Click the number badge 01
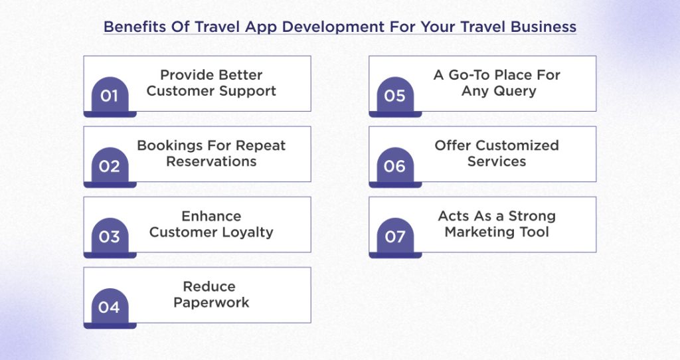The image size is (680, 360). point(110,96)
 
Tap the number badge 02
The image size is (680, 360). point(110,167)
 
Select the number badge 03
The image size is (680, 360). point(110,237)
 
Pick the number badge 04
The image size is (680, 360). point(110,308)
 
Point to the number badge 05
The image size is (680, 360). point(394,96)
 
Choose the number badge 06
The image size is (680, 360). point(394,167)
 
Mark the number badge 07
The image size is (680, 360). point(394,237)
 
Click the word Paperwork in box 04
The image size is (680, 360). point(211,302)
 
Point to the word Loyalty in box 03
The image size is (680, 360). point(246,232)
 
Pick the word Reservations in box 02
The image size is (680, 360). point(211,161)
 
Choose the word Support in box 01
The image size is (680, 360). point(250,91)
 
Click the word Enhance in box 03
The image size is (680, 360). point(211,216)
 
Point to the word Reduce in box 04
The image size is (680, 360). point(209,286)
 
